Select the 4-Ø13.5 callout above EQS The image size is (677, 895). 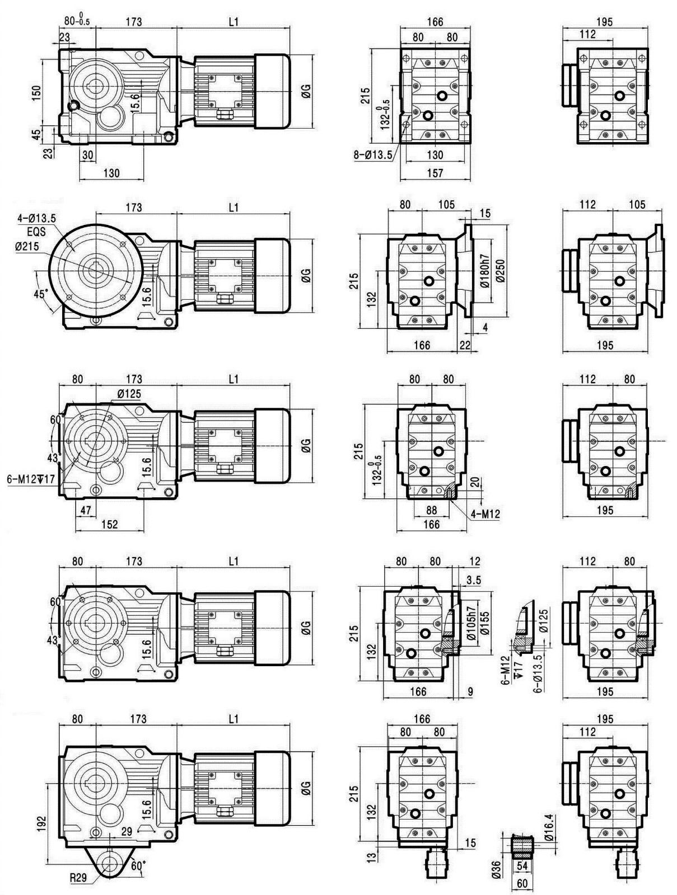36,218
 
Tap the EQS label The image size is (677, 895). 36,232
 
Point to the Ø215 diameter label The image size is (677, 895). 27,247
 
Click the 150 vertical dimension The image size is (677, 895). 36,93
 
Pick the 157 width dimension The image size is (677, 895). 435,173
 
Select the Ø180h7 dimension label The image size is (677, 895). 484,271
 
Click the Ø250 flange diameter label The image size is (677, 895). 501,271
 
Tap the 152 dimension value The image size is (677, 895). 109,524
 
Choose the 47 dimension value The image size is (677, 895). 86,510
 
